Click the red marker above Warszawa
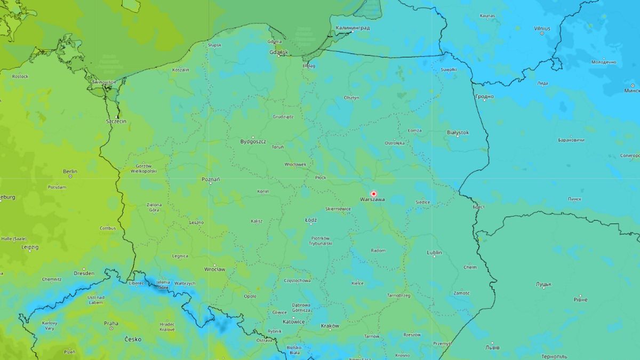coord(373,194)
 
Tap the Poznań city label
coord(211,180)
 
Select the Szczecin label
coord(116,122)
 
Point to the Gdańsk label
coord(279,52)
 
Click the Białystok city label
coord(458,132)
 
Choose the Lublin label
coord(435,252)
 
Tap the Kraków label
coord(330,326)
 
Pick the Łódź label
coord(311,220)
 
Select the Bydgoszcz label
coord(253,142)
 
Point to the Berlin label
coord(70,172)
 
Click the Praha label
coord(111,323)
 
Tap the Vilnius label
coord(542,28)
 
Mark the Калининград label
coord(353,28)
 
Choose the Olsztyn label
coord(351,98)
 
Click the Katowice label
coord(294,322)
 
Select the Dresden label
coord(84,273)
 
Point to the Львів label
coord(492,348)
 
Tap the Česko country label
coord(133,339)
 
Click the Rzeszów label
coord(412,335)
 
